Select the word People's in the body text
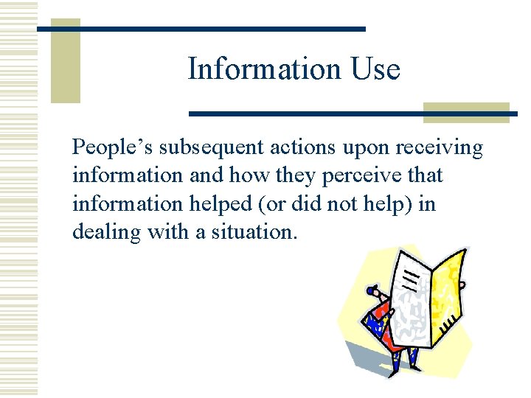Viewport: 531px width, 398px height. pos(112,149)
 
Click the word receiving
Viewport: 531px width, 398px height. pos(440,149)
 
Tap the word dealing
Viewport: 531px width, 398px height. pos(106,232)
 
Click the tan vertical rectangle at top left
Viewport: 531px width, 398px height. pos(65,61)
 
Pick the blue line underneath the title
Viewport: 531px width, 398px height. pos(353,114)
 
